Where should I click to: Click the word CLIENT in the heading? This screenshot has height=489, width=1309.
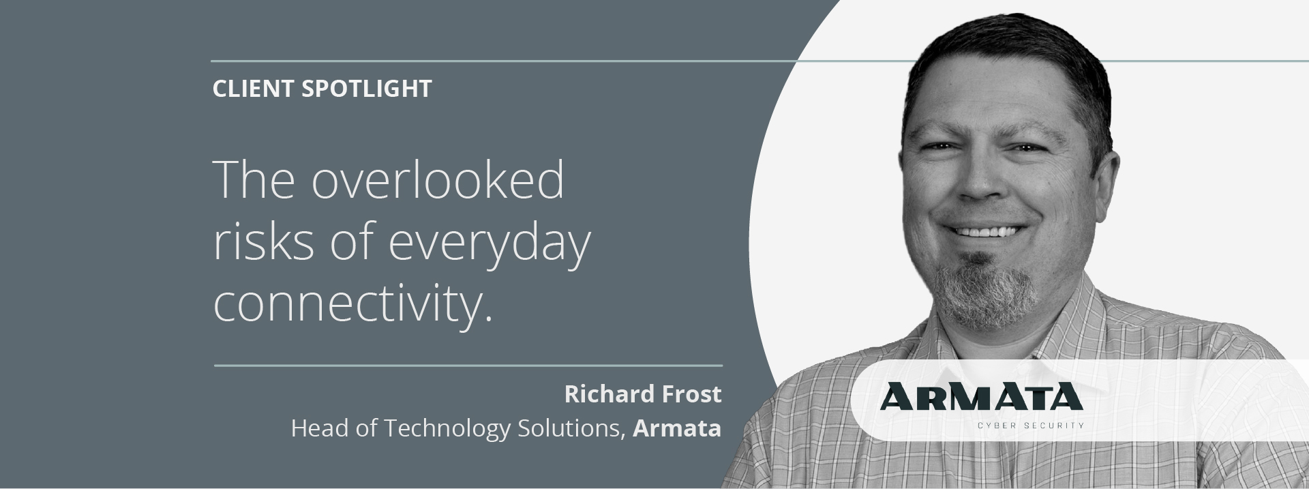click(253, 89)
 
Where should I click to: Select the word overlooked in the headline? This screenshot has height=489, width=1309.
click(438, 179)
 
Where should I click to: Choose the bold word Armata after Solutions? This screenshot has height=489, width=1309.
click(677, 428)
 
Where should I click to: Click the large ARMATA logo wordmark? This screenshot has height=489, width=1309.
click(981, 396)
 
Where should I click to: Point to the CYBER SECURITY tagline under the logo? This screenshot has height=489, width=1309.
click(1030, 426)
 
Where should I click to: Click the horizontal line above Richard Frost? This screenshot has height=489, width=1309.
click(468, 366)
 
